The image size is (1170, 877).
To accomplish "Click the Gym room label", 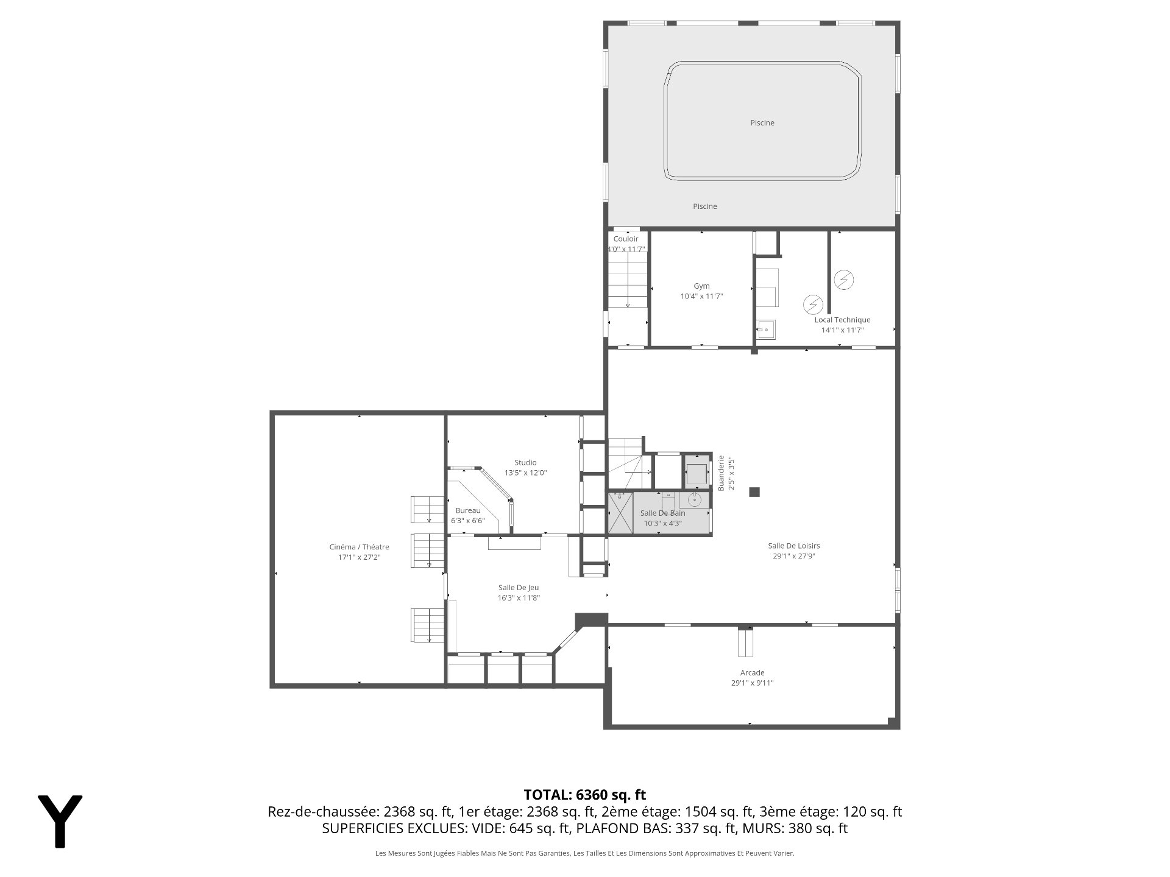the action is (x=701, y=286).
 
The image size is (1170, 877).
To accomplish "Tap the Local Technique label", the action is (x=842, y=320).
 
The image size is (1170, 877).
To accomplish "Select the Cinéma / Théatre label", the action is (x=359, y=547).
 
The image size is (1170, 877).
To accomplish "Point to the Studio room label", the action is (x=525, y=462).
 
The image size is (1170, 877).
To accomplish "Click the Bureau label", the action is (x=468, y=510).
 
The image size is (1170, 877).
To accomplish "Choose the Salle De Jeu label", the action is (x=519, y=588).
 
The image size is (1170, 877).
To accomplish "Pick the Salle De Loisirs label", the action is (x=793, y=546).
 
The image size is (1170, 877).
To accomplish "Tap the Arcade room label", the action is (x=752, y=672).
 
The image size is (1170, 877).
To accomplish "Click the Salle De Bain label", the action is (x=662, y=513).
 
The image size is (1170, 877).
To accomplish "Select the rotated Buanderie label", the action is (x=721, y=473).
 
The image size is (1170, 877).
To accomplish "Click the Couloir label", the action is (x=626, y=239).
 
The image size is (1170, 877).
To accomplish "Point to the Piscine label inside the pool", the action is (x=762, y=122).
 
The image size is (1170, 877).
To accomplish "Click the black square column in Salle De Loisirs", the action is (x=754, y=492).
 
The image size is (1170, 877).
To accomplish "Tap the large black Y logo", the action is (x=60, y=821).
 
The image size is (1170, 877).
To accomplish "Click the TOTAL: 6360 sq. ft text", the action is (x=585, y=794).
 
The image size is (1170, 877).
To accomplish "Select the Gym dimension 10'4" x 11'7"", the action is (x=701, y=296).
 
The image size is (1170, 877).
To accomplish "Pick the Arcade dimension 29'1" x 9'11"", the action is (x=752, y=683).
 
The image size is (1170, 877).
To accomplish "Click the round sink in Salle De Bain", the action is (x=695, y=500).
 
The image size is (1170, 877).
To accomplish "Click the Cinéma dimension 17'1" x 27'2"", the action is (x=359, y=557).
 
